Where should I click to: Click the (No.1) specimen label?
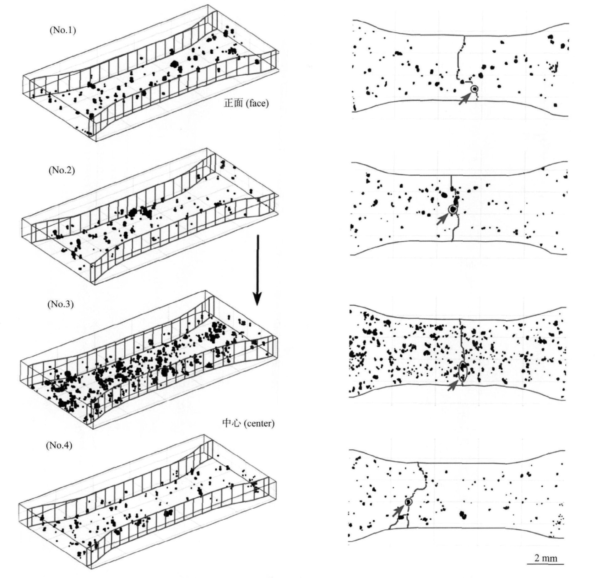click(63, 30)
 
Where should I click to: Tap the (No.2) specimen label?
click(62, 170)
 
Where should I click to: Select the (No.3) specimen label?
click(60, 304)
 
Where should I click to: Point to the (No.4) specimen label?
click(59, 446)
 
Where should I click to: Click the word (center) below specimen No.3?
click(259, 424)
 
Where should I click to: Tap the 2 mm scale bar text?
click(546, 558)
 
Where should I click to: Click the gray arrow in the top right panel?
click(465, 99)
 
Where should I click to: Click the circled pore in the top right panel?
click(474, 89)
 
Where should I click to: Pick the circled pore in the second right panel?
click(452, 209)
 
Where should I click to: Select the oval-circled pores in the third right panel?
click(463, 372)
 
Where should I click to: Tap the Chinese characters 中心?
click(231, 424)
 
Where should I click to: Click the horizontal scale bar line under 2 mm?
click(545, 564)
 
